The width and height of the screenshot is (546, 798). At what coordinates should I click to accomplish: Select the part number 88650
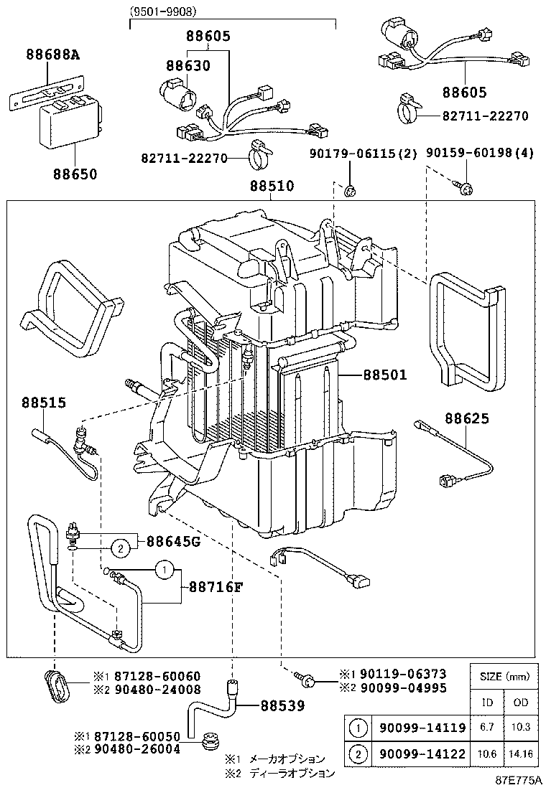pyautogui.click(x=74, y=174)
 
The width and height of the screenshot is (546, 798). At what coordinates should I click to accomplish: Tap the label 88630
pyautogui.click(x=188, y=65)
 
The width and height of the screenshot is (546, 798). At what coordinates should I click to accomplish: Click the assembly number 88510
pyautogui.click(x=272, y=187)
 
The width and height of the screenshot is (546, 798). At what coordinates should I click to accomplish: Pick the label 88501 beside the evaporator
pyautogui.click(x=384, y=375)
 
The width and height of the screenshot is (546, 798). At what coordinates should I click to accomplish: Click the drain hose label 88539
pyautogui.click(x=282, y=706)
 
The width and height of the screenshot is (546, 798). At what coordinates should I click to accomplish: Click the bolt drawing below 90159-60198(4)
pyautogui.click(x=463, y=189)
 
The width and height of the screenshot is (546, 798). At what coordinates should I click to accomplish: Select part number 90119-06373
pyautogui.click(x=402, y=674)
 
